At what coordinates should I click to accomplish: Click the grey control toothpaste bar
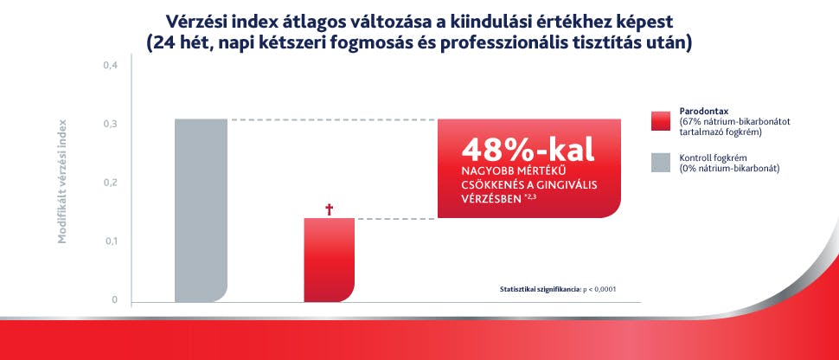[x=201, y=210]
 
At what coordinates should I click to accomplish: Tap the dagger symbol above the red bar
[x=329, y=209]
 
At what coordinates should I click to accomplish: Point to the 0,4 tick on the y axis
[x=111, y=67]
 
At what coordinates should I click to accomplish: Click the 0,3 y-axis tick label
[x=111, y=125]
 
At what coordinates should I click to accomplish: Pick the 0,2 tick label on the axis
[x=111, y=183]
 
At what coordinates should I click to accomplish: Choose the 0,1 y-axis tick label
[x=111, y=241]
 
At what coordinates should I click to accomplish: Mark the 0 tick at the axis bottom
[x=113, y=300]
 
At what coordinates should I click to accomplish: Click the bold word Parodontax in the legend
[x=704, y=112]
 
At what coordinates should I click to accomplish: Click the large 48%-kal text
[x=528, y=149]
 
